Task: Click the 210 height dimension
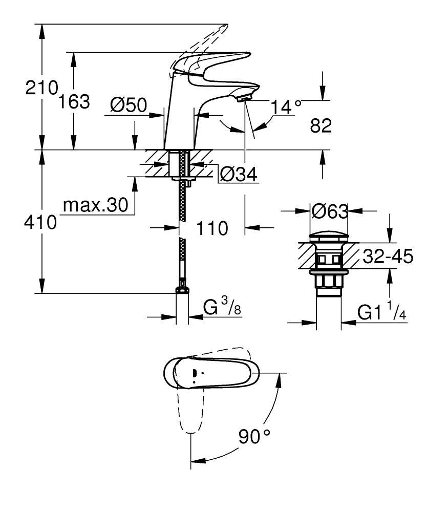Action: [x=41, y=88]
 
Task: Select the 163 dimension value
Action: [x=73, y=101]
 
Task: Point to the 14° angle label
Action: [x=286, y=108]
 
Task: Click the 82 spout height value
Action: [x=322, y=126]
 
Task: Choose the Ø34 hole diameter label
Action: [x=238, y=175]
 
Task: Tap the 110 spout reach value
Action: [x=212, y=228]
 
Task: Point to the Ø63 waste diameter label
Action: [x=330, y=211]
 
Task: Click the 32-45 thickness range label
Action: [x=387, y=256]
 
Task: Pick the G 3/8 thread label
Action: [x=221, y=308]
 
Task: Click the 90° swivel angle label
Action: [x=253, y=437]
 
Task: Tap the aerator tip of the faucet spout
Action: [x=245, y=96]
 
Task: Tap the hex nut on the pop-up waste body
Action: [x=329, y=281]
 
